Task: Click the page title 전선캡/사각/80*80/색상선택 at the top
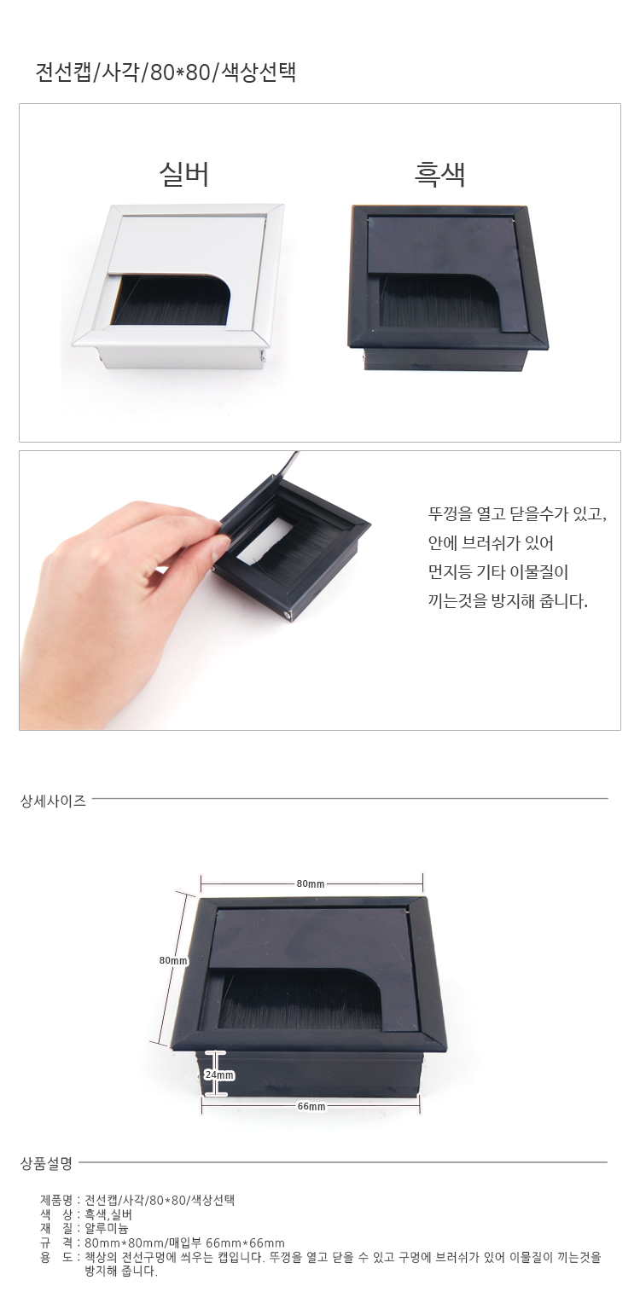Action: click(166, 72)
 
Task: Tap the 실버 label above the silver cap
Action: click(183, 174)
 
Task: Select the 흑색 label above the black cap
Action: click(440, 174)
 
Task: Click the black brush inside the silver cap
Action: click(170, 304)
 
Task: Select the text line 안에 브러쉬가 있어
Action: click(491, 543)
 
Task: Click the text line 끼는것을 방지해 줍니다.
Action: click(508, 600)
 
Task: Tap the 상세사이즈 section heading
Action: click(53, 801)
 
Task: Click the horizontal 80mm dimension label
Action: click(310, 883)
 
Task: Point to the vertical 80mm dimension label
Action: click(174, 960)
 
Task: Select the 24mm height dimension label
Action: click(219, 1074)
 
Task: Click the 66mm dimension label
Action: click(311, 1106)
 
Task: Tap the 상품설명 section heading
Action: click(47, 1163)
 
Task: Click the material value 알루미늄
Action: click(107, 1228)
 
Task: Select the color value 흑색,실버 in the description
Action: click(109, 1214)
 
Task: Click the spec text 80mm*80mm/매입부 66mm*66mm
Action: click(185, 1242)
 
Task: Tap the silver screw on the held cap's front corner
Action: click(288, 616)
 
